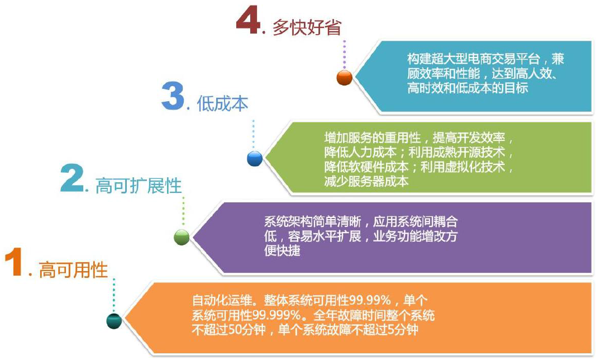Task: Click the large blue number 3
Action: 173,97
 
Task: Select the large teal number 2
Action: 72,178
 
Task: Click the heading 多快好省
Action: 307,27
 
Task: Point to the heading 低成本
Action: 222,103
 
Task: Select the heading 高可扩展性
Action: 139,186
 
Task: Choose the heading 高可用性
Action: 73,270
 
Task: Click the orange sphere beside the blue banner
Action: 345,78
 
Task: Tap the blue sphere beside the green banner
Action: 255,158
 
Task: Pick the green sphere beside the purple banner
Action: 182,238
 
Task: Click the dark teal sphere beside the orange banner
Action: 114,321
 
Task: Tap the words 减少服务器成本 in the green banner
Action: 366,181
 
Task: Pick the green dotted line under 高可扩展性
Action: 183,212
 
